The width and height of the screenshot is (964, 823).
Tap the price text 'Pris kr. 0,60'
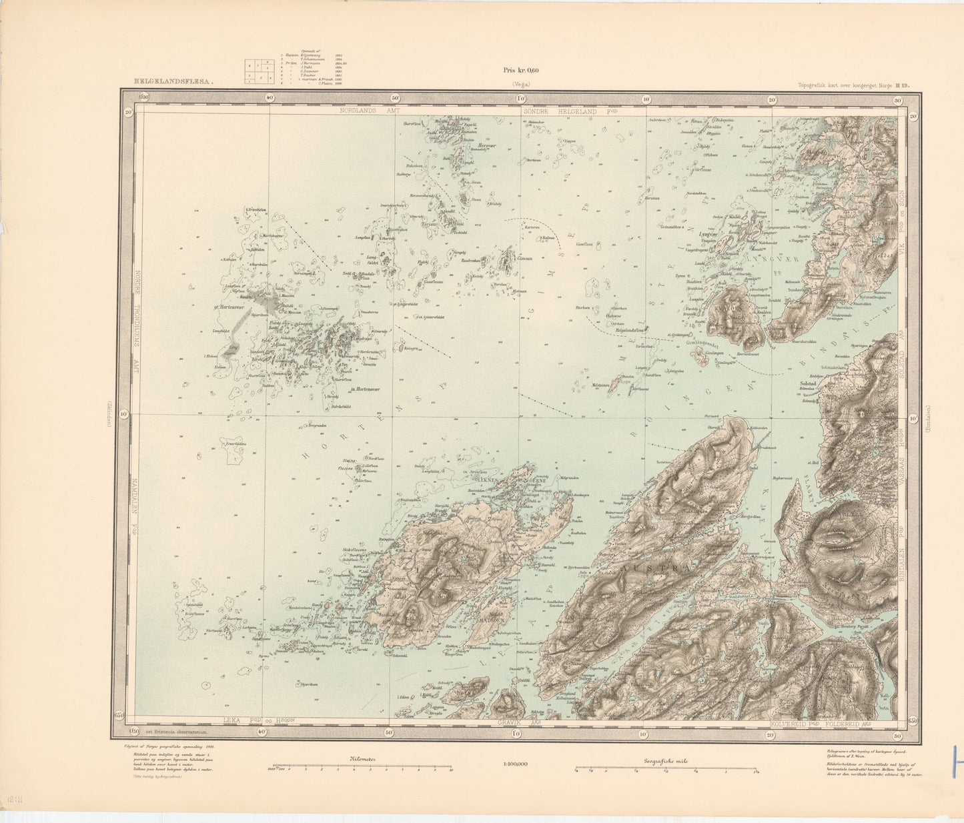(520, 70)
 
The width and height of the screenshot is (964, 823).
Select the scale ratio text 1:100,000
(514, 764)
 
